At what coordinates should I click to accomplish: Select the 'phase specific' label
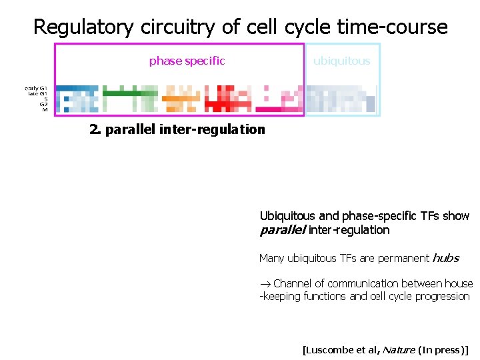(x=187, y=61)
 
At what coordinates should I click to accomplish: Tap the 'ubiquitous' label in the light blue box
(x=341, y=61)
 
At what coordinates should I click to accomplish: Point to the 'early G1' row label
(x=36, y=88)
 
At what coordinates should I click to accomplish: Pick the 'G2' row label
(x=43, y=104)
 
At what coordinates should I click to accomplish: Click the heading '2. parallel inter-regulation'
(x=177, y=129)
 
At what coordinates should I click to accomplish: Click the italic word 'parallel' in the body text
(x=281, y=230)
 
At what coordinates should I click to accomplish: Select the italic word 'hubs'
(x=446, y=258)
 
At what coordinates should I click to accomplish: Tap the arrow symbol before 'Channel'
(x=265, y=284)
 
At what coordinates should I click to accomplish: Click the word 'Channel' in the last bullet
(x=294, y=283)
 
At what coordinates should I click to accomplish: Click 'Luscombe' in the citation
(x=329, y=349)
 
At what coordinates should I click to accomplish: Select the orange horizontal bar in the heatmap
(x=177, y=99)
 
